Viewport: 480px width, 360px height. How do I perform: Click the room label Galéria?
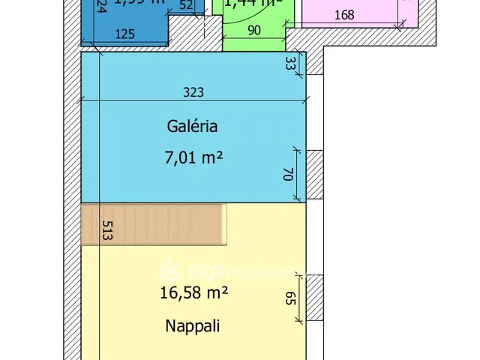[192, 126]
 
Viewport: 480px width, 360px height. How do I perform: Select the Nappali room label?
[193, 326]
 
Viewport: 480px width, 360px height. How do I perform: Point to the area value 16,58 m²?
[193, 293]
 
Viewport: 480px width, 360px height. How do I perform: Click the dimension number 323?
[193, 93]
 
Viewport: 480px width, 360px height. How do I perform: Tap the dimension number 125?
[125, 33]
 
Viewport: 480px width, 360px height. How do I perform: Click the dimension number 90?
[253, 31]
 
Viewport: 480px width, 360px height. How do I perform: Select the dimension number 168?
[346, 15]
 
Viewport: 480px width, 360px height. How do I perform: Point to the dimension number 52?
[186, 4]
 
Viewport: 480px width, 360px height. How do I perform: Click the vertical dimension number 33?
[290, 64]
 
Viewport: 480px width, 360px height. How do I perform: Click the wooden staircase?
[154, 224]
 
